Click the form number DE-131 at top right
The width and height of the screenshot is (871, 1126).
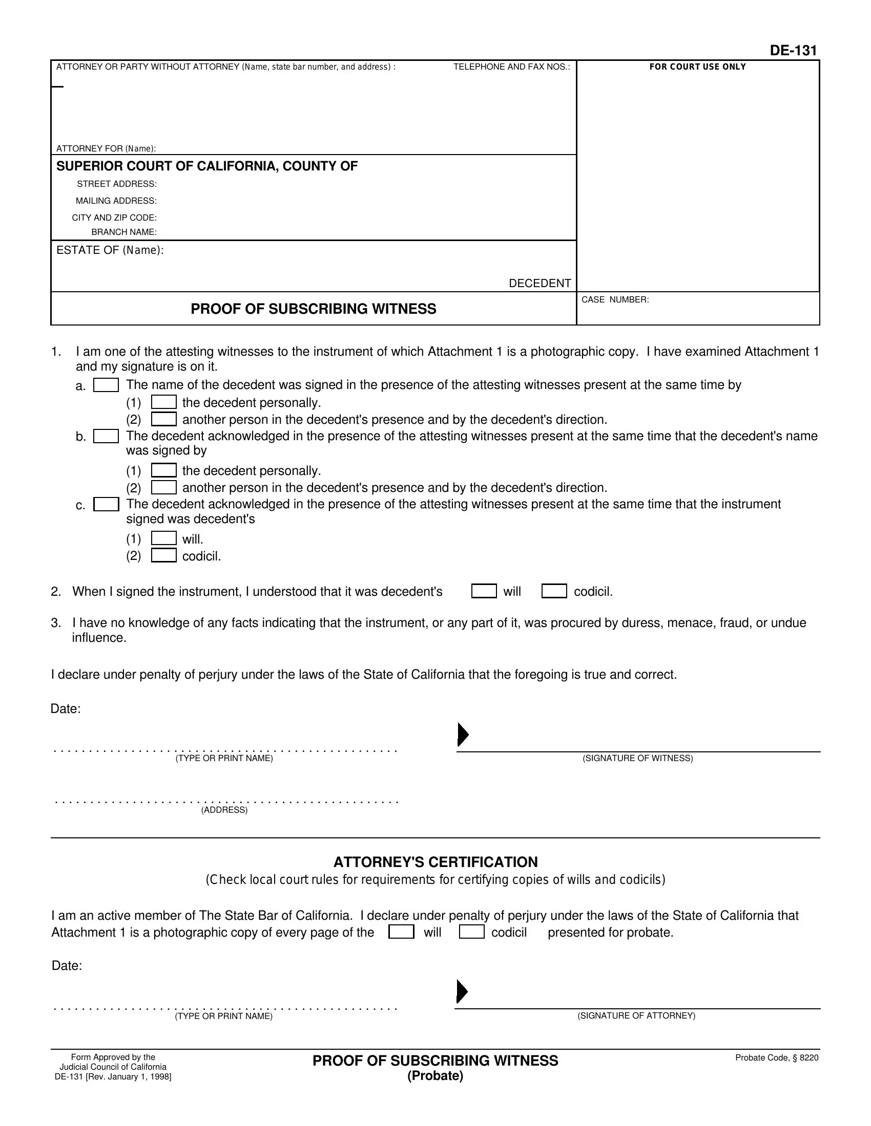(793, 51)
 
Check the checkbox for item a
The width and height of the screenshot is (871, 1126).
(106, 385)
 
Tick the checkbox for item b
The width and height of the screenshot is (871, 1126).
(106, 436)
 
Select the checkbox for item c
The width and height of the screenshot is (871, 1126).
(106, 504)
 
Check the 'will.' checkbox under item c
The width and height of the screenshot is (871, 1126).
(163, 539)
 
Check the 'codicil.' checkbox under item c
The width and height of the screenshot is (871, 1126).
(163, 556)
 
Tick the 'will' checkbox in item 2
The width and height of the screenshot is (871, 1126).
(484, 591)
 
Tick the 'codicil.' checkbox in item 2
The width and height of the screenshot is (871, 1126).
(554, 591)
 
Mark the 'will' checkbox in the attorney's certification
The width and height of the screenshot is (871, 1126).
(401, 932)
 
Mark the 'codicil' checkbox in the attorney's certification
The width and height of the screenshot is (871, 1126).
(471, 932)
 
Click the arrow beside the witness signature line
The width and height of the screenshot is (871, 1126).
(463, 734)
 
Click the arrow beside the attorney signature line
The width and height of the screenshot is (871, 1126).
(462, 992)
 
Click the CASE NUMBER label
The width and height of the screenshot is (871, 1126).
(615, 300)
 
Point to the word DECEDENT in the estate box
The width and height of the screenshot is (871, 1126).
(540, 284)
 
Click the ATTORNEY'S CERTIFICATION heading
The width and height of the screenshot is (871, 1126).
(435, 862)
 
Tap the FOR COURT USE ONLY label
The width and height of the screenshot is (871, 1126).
(698, 67)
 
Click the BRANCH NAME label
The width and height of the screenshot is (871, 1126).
(124, 232)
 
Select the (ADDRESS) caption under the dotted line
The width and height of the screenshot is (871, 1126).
(224, 810)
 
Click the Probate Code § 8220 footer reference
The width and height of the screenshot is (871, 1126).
(777, 1058)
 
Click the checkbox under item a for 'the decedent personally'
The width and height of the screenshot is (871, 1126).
(163, 402)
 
